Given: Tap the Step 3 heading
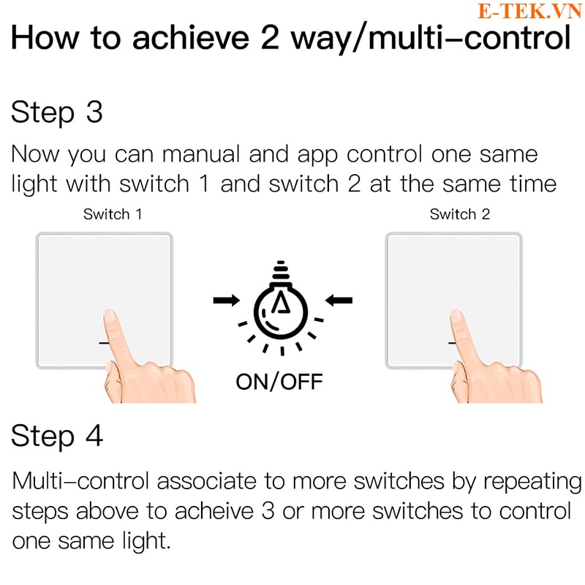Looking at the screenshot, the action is coord(57,113).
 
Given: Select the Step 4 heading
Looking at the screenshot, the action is coord(57,436).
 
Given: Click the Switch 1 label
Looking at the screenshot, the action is coord(113,214).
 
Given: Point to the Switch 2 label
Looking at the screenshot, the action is coord(460,214).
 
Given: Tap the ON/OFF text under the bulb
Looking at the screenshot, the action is coord(279,382).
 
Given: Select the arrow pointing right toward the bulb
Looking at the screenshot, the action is coord(227,300).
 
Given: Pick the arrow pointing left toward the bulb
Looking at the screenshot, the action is coord(339,300).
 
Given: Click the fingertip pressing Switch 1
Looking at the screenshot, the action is coord(109,315).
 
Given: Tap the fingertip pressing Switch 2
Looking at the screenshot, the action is coord(456,315).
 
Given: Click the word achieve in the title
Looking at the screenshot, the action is coord(191,38).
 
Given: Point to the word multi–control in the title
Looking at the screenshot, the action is coord(469,38).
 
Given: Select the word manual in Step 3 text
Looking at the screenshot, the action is coord(201,154).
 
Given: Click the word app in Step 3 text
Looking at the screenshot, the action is coord(317,156).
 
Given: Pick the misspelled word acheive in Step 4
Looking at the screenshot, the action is coord(214,511).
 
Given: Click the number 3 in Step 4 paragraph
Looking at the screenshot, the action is coord(268,511).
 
